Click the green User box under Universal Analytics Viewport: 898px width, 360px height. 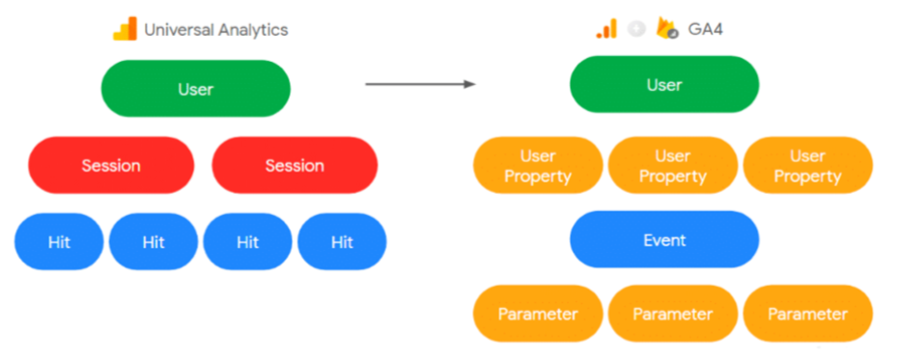click(196, 89)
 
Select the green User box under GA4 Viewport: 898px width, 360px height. click(664, 85)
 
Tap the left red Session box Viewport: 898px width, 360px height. click(111, 165)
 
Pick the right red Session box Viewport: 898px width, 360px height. click(295, 165)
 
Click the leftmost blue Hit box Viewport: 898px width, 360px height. click(59, 241)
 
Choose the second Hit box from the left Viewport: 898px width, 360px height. click(154, 241)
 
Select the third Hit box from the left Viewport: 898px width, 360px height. click(248, 241)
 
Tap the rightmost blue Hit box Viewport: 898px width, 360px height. click(343, 241)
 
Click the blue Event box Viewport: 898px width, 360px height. click(664, 239)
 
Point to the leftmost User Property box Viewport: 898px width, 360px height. click(538, 165)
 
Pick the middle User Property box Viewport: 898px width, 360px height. click(673, 165)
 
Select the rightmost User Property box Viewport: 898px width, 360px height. click(808, 165)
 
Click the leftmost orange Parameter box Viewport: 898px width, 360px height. click(538, 314)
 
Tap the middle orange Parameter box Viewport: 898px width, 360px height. click(673, 314)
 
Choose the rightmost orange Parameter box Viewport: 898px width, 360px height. click(808, 314)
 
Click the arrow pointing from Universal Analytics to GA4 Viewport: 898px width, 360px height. click(421, 84)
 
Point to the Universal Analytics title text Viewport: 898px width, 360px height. click(216, 30)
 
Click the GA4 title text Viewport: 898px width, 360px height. click(705, 29)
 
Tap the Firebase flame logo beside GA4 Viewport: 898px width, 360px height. click(666, 28)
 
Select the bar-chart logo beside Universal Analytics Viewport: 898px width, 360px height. click(125, 29)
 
